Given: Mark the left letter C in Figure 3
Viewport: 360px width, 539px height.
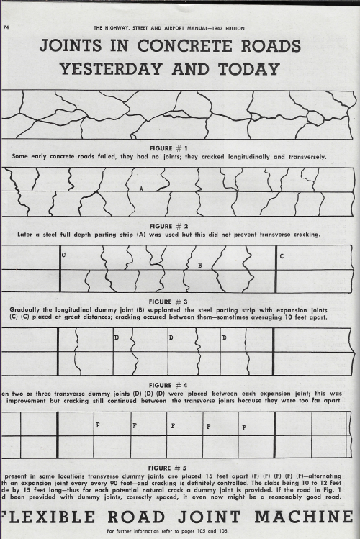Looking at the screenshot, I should pyautogui.click(x=64, y=255).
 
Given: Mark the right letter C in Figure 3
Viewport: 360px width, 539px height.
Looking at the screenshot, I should pyautogui.click(x=281, y=255).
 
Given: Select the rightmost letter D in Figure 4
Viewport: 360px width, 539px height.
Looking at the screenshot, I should pyautogui.click(x=224, y=338).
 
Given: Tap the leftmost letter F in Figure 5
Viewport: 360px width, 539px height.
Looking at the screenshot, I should pyautogui.click(x=97, y=425).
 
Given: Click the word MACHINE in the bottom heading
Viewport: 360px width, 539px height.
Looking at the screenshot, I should pyautogui.click(x=314, y=517).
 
